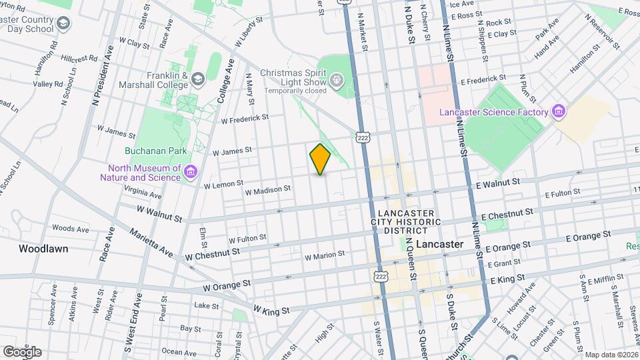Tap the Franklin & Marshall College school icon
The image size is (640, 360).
[x=198, y=80]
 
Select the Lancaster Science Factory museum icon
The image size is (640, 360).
[x=559, y=112]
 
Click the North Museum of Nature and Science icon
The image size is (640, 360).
[x=191, y=173]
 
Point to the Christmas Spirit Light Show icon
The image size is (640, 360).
[x=338, y=81]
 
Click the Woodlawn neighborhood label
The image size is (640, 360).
[x=43, y=248]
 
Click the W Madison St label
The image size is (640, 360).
[x=268, y=190]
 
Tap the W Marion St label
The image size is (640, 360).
[x=325, y=255]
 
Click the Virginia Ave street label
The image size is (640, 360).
[x=143, y=192]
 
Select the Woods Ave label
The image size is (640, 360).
[x=70, y=229]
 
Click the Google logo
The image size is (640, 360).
[x=21, y=351]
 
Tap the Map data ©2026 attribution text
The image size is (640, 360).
[x=611, y=355]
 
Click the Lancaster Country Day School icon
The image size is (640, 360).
[x=63, y=25]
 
